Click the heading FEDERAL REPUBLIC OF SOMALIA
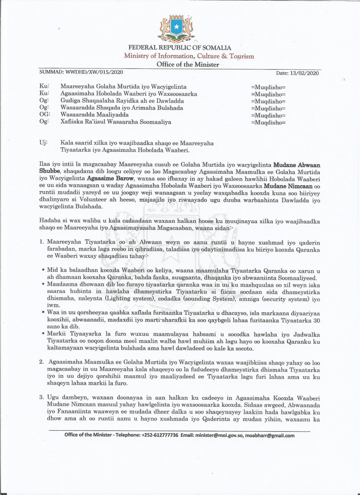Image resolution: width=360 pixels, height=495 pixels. pyautogui.click(x=180, y=48)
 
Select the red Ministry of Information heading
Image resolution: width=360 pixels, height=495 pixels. pyautogui.click(x=189, y=56)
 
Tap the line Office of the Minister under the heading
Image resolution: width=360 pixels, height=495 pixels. pyautogui.click(x=188, y=64)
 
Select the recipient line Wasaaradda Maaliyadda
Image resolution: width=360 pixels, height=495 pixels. pyautogui.click(x=94, y=115)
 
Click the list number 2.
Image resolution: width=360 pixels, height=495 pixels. pyautogui.click(x=42, y=362)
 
